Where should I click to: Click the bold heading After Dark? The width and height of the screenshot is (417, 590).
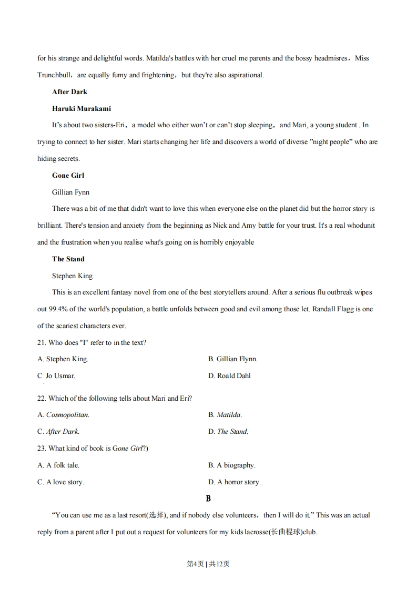pos(69,91)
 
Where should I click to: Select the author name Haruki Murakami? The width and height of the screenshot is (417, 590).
pos(81,108)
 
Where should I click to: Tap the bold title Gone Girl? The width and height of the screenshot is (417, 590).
pos(68,175)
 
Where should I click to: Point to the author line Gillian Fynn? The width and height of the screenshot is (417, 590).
pos(70,192)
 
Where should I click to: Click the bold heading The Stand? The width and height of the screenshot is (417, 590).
pos(68,259)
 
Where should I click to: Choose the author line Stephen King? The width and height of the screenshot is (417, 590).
pos(72,276)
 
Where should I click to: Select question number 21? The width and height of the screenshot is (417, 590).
pos(42,342)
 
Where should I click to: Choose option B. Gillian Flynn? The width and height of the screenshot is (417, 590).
pos(233,359)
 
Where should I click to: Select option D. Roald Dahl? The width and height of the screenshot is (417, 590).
pos(229,376)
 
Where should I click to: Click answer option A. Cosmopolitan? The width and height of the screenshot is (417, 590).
pos(63,415)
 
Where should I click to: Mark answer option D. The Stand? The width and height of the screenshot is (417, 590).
pos(228,432)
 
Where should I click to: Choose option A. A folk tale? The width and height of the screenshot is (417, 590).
pos(58,465)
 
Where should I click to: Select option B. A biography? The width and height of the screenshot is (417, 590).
pos(232,465)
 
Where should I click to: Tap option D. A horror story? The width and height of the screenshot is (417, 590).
pos(235,482)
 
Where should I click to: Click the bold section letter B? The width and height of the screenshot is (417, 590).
pos(208,499)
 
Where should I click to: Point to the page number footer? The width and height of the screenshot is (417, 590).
pos(208,564)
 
